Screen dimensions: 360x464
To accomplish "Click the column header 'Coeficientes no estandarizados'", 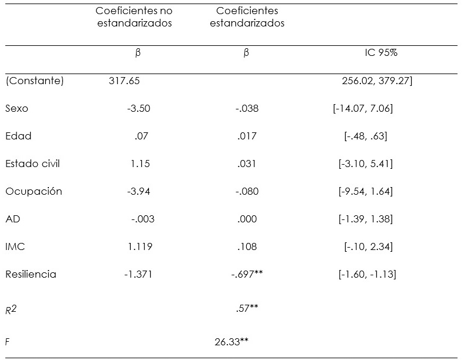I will [134, 18].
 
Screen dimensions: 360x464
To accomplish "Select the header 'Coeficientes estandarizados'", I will [250, 18].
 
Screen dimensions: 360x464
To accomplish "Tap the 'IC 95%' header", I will [381, 52].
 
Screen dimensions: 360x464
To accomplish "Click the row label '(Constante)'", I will [34, 81].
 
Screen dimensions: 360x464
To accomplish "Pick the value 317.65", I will [124, 81].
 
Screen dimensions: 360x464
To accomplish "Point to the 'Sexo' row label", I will [16, 109].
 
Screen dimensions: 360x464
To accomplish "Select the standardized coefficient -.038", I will [247, 109].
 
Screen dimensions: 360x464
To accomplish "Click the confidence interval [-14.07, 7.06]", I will [363, 109].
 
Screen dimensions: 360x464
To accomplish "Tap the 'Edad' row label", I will [18, 136].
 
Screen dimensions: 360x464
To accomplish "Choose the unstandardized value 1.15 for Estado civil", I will [140, 164].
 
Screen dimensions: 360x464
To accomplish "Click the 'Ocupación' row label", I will [34, 191].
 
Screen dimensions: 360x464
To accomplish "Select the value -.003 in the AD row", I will [142, 219].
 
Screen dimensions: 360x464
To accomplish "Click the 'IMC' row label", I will [15, 246].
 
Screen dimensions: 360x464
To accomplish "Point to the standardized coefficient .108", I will [247, 246].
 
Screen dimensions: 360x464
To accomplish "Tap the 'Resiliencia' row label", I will [31, 274].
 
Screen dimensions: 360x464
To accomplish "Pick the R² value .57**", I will [247, 308].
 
